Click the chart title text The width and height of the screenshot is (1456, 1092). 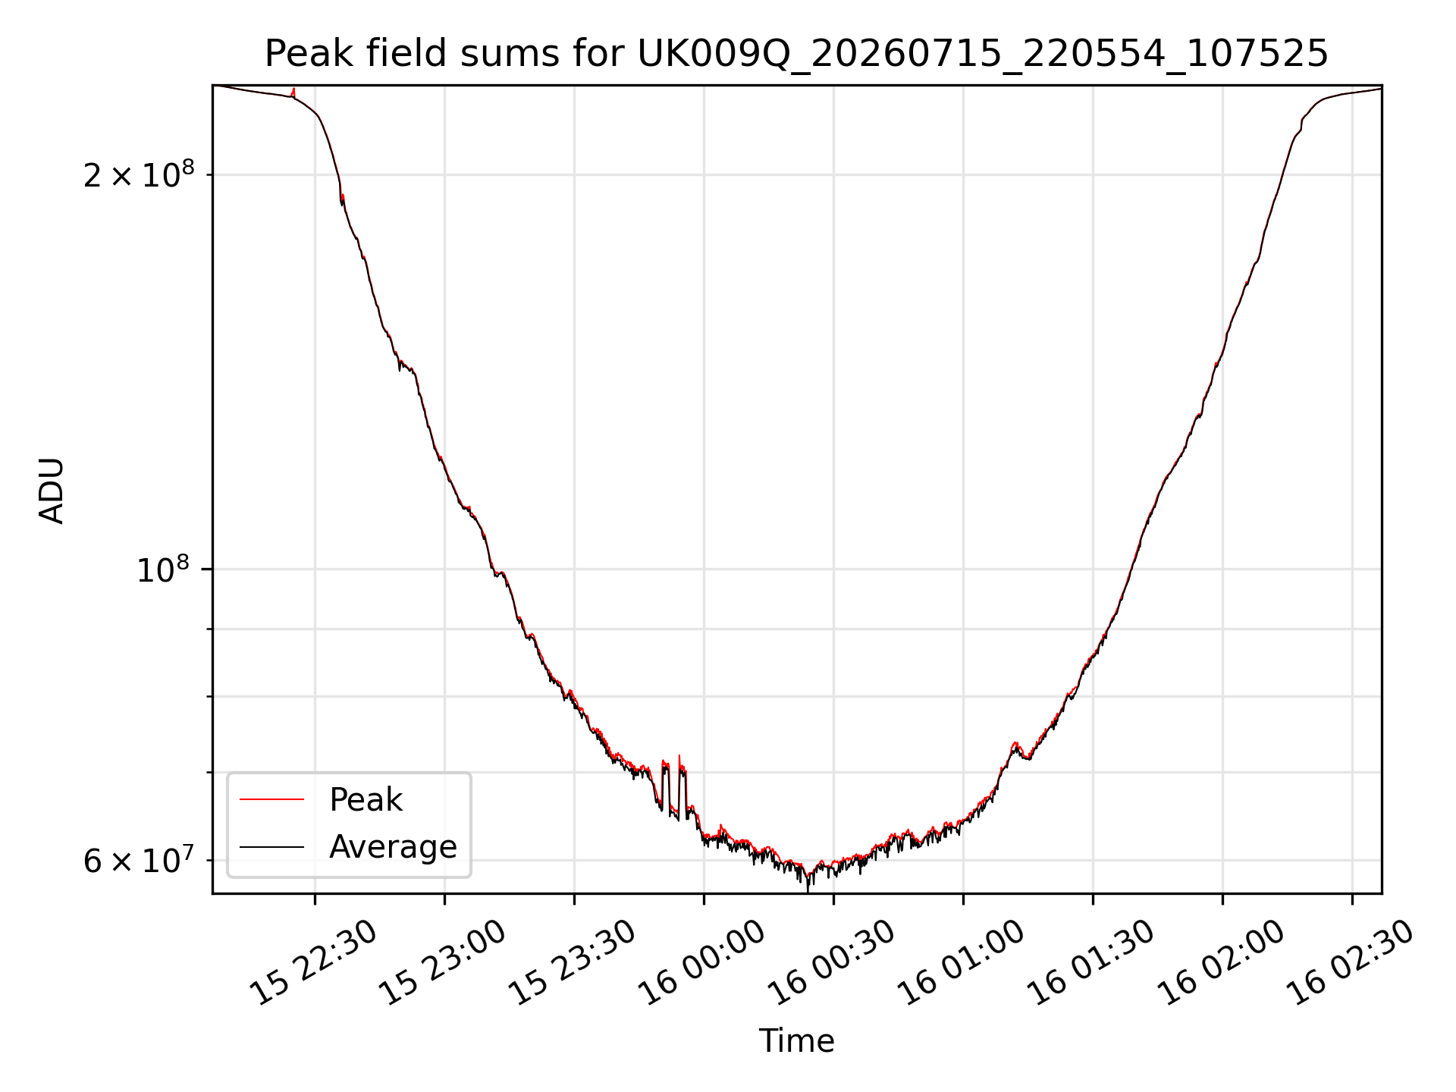pos(796,54)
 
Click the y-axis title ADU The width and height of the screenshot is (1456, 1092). pos(52,490)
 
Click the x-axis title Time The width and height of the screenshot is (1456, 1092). pos(796,1041)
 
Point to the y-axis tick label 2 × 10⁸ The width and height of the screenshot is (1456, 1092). pos(139,174)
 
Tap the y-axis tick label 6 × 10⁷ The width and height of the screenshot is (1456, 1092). pos(139,860)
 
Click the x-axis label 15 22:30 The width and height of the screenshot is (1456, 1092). pos(313,963)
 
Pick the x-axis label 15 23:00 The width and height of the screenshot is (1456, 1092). pos(442,963)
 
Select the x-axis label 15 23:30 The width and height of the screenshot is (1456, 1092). pos(571,963)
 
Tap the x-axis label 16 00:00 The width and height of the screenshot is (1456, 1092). pos(701,963)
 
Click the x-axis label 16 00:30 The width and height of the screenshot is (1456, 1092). pos(831,963)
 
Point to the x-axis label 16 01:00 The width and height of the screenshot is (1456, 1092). pos(961,963)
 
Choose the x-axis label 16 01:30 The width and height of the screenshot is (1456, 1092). pos(1090,963)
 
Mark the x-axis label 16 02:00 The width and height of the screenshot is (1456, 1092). pos(1220,963)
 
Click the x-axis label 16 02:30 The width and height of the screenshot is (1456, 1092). pos(1350,963)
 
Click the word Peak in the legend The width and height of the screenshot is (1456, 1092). pos(366,800)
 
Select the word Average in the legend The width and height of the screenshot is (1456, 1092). pos(393,846)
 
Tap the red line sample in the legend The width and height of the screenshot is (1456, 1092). pos(271,799)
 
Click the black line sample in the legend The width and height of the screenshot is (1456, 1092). pos(271,846)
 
